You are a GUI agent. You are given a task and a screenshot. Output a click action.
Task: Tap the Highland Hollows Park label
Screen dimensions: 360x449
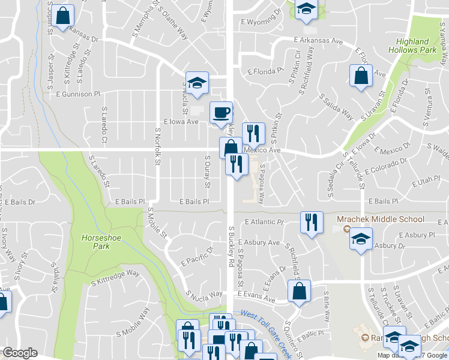pyautogui.click(x=416, y=46)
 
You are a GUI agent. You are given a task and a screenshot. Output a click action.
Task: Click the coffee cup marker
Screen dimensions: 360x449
pyautogui.click(x=221, y=112)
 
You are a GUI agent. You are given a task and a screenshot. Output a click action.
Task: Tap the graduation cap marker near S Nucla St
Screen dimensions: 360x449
pyautogui.click(x=196, y=84)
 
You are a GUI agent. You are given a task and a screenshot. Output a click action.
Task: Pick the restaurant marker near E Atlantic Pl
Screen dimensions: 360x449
pyautogui.click(x=311, y=223)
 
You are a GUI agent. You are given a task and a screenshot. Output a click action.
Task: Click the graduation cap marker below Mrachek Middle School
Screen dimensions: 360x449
pyautogui.click(x=360, y=239)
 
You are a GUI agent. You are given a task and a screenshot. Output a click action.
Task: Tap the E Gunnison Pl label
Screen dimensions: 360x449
pyautogui.click(x=77, y=94)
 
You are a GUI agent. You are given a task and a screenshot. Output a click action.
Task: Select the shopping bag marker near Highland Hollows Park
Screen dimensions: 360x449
pyautogui.click(x=360, y=76)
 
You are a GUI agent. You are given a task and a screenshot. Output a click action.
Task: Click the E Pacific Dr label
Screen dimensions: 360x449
pyautogui.click(x=197, y=257)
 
